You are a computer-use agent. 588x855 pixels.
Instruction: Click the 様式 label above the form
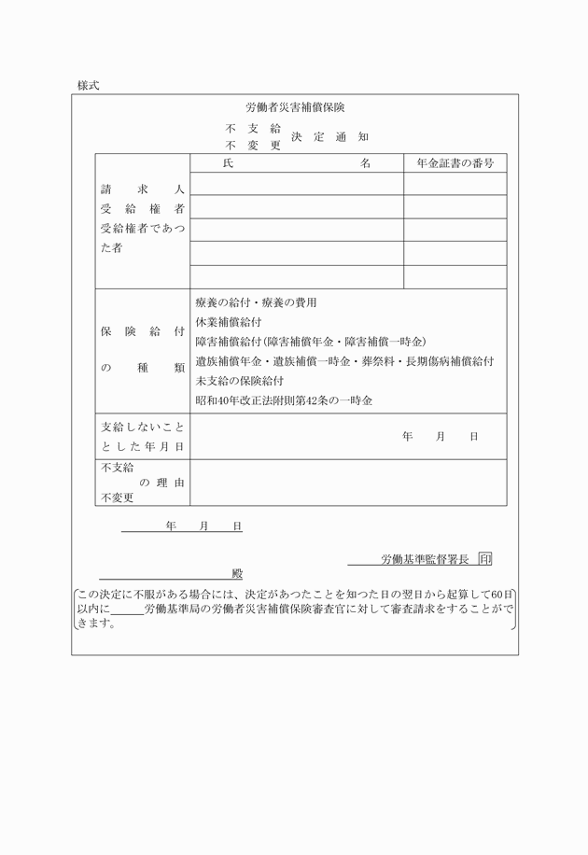click(x=89, y=85)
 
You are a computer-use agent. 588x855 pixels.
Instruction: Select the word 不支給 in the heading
click(x=253, y=128)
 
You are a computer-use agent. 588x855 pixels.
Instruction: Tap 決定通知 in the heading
click(x=329, y=137)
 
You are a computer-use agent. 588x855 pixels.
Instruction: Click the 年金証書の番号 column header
click(x=455, y=163)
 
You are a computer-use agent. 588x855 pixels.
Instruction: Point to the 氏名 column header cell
click(x=297, y=163)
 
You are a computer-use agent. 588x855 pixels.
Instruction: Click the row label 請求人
click(x=142, y=189)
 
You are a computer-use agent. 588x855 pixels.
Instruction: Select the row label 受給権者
click(x=142, y=208)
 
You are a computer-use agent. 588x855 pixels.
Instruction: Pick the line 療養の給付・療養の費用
click(x=256, y=302)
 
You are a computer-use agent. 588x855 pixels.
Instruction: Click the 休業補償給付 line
click(x=229, y=322)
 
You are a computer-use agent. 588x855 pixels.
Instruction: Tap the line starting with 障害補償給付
click(x=310, y=342)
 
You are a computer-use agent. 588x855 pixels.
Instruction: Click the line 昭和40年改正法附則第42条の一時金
click(x=284, y=400)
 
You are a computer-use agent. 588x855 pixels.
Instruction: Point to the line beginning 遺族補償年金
click(x=344, y=361)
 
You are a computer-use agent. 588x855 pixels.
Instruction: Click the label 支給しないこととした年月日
click(x=142, y=437)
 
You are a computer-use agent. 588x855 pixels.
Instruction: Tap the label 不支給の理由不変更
click(x=142, y=483)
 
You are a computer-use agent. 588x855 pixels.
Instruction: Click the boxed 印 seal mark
click(x=484, y=559)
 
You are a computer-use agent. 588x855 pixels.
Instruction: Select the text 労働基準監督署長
click(x=425, y=560)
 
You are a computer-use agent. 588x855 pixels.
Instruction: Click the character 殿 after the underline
click(x=237, y=574)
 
